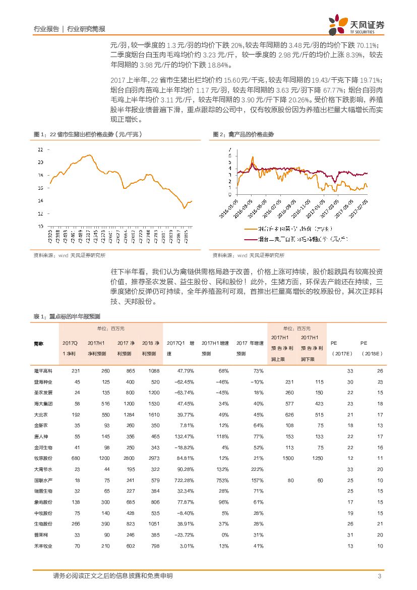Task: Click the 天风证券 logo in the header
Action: [x=356, y=23]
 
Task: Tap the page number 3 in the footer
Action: [x=379, y=576]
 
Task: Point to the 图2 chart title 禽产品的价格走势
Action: [x=243, y=134]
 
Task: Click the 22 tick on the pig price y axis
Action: [x=40, y=150]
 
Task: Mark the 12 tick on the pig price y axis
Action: [x=40, y=213]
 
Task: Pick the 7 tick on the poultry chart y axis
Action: [x=230, y=149]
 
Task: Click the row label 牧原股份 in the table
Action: [x=43, y=458]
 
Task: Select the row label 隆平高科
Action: [x=43, y=371]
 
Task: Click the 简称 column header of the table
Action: [x=39, y=343]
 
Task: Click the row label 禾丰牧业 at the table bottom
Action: [x=43, y=546]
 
